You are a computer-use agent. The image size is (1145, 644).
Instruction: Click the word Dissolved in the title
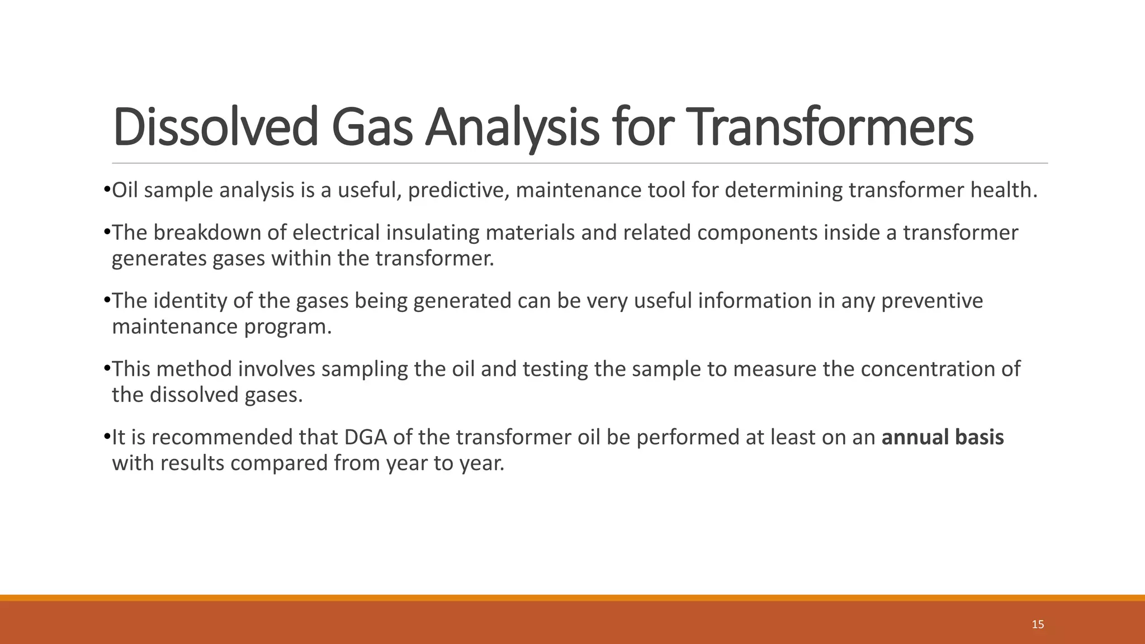point(215,127)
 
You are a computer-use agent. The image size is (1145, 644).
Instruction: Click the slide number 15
point(1038,624)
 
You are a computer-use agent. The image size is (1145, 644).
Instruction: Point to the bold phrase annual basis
point(943,437)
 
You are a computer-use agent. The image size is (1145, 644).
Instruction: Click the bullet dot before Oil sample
point(107,191)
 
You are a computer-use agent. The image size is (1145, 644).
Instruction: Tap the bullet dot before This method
point(107,369)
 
